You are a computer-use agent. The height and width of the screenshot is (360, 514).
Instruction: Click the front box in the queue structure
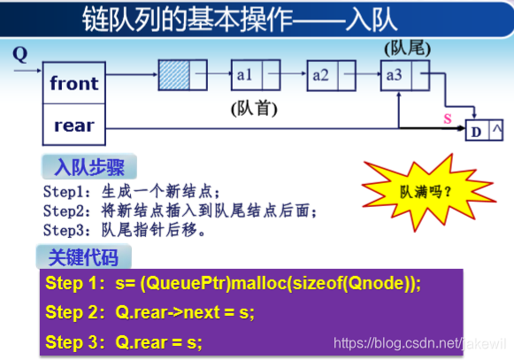click(x=73, y=84)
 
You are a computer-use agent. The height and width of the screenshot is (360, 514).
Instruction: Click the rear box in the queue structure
click(x=73, y=126)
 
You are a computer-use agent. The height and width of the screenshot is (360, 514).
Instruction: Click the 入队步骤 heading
click(x=88, y=167)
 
